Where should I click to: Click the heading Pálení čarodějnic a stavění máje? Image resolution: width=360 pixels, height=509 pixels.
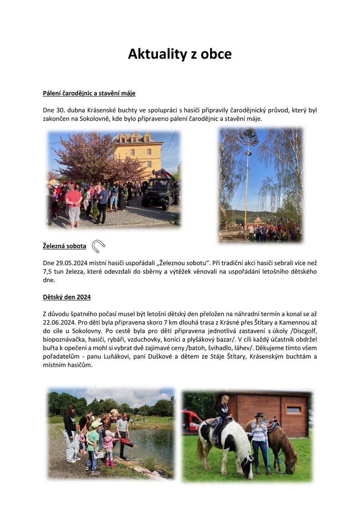[89, 93]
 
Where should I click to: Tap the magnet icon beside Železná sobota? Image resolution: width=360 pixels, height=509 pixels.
[98, 246]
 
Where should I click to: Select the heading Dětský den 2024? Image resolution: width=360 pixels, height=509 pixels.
[67, 297]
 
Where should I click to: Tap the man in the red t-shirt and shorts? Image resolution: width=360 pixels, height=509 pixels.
[74, 204]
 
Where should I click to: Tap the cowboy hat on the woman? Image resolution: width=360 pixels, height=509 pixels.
[260, 415]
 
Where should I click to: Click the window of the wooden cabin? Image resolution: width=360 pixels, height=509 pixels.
[294, 410]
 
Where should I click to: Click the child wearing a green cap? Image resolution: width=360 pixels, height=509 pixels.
[93, 444]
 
